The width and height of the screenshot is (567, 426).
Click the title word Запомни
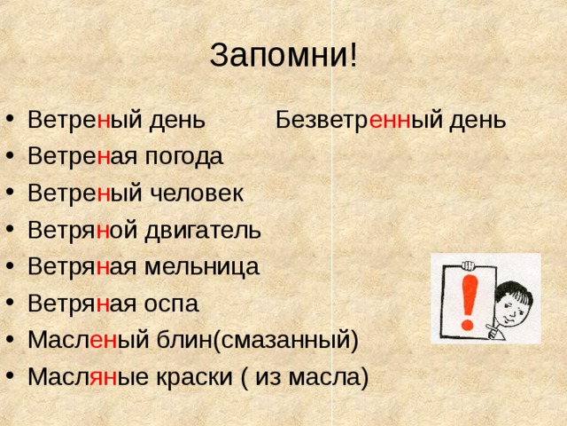tap(278, 56)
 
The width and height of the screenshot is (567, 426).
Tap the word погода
tap(183, 157)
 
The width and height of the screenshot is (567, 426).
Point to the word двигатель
tap(203, 231)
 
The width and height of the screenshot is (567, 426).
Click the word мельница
tap(202, 266)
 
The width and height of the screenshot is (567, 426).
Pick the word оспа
tap(171, 304)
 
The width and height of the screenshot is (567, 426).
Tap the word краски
tap(194, 377)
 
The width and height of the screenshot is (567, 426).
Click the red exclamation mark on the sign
tap(469, 303)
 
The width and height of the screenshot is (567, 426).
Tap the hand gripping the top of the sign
tap(469, 265)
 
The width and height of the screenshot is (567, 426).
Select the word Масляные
tap(89, 377)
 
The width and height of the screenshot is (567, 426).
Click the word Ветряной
tap(82, 231)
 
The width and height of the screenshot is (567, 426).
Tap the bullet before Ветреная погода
tap(11, 156)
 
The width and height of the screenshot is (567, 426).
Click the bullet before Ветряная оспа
tap(11, 302)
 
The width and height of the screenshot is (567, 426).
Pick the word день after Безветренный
tap(478, 121)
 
